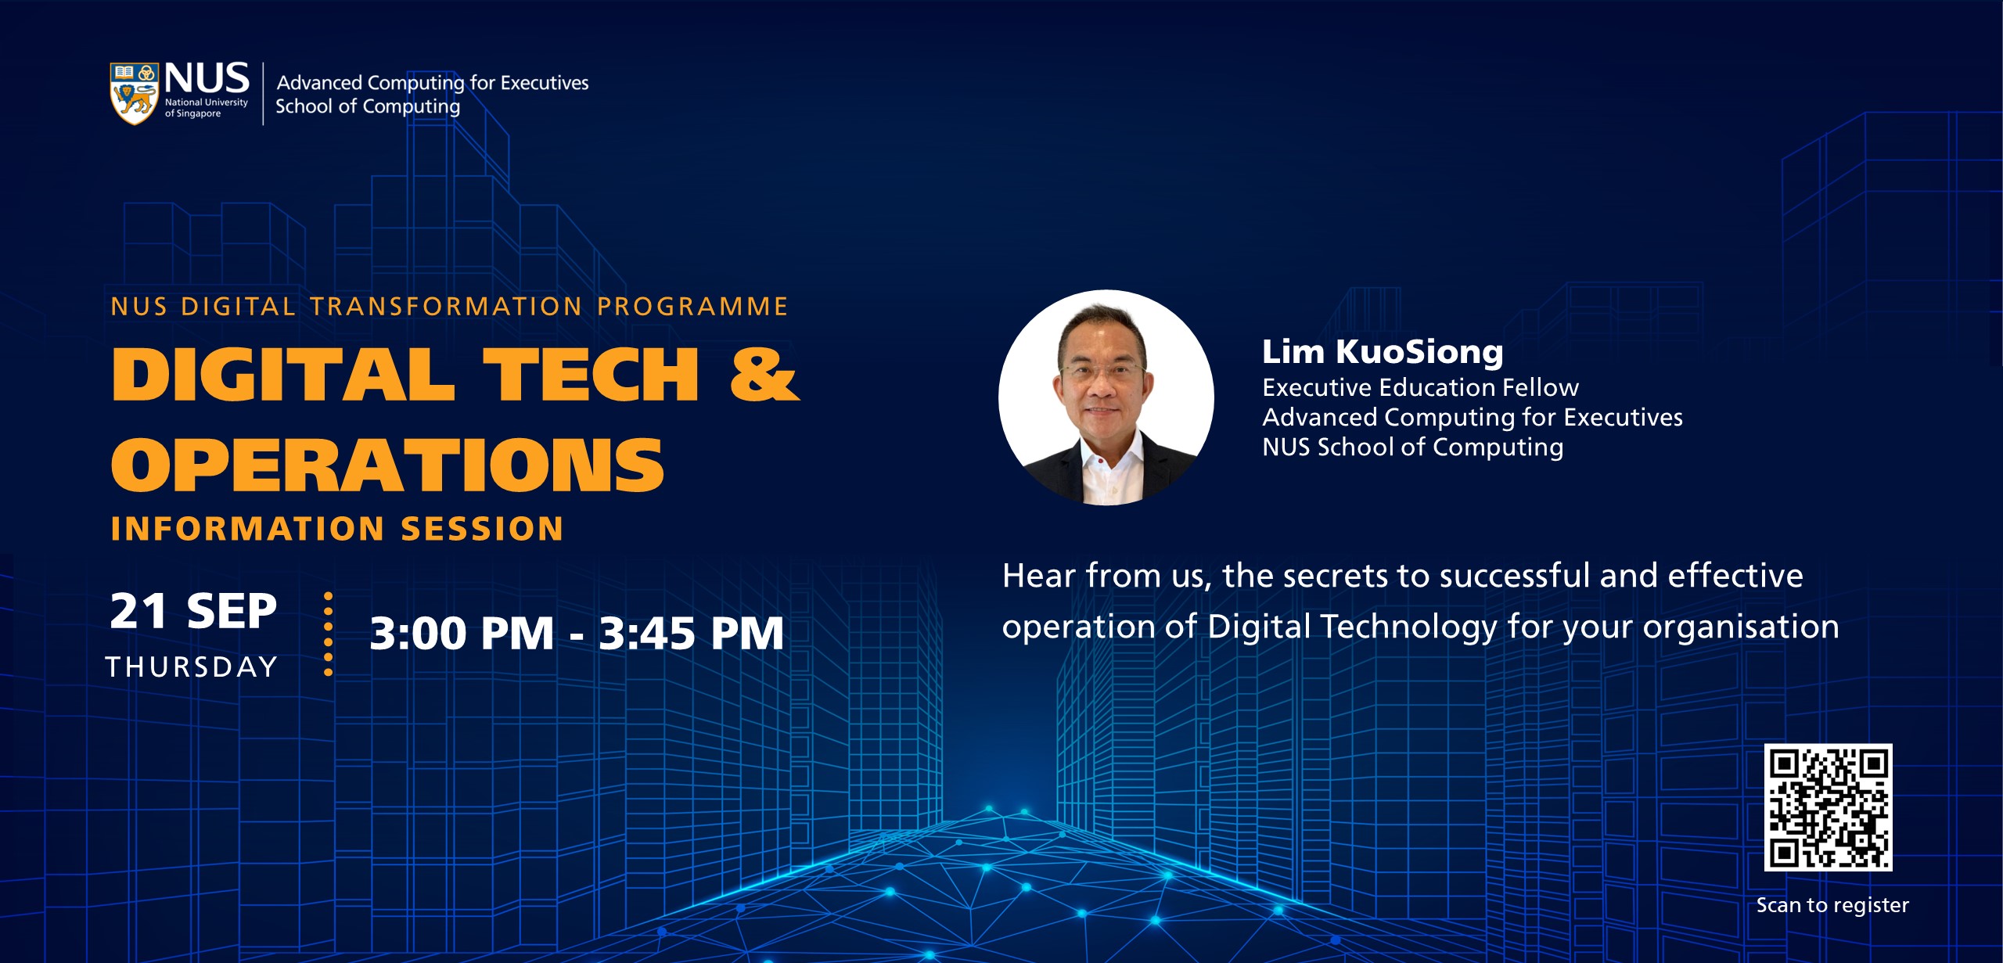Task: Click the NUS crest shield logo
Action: pos(134,94)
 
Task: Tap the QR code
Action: pos(1828,807)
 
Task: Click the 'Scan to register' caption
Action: pos(1832,905)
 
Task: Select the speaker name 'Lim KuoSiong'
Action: pos(1383,352)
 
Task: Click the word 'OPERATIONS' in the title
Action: pos(388,465)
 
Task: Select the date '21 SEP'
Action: pos(193,611)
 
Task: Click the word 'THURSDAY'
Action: pos(192,667)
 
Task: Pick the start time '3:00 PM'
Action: pos(462,633)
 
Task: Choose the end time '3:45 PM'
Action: pos(691,633)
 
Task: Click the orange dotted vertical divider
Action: pos(328,634)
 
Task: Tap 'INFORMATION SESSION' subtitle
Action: pos(337,529)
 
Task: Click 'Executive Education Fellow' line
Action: pos(1420,387)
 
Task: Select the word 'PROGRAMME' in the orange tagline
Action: pos(692,306)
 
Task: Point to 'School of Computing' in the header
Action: pos(368,107)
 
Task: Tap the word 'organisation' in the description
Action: pos(1741,627)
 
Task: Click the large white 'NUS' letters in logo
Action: pos(207,78)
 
